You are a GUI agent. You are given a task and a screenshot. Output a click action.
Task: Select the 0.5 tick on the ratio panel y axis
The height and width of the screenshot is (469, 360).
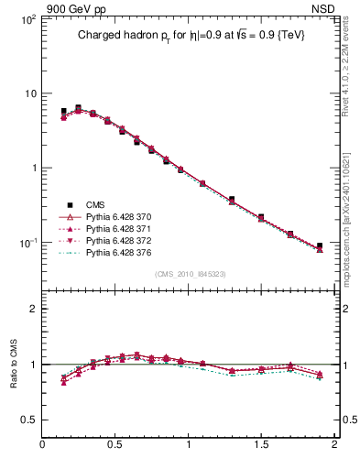click(27, 420)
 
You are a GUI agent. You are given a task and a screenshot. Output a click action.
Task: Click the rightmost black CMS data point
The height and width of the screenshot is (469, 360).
click(320, 245)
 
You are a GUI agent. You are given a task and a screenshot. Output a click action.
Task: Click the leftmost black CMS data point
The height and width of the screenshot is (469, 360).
click(63, 112)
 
